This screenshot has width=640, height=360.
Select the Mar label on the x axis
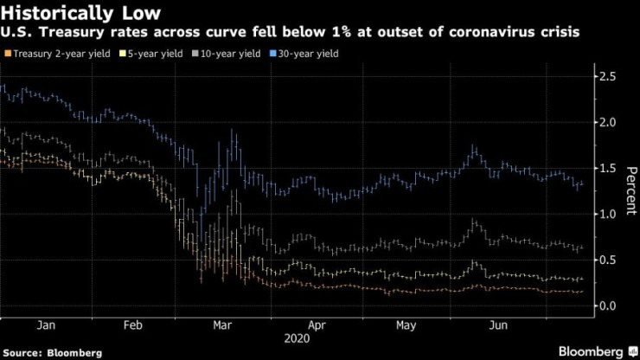tap(222, 326)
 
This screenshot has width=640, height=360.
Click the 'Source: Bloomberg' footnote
tap(52, 352)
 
